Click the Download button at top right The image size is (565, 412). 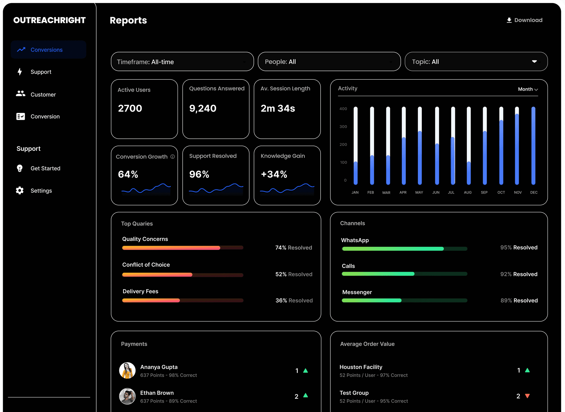(524, 20)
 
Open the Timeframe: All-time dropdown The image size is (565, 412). (182, 61)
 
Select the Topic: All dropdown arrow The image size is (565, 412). (534, 61)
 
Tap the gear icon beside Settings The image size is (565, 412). (20, 191)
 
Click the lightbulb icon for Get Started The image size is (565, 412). (20, 168)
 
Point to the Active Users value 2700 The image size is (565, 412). (130, 108)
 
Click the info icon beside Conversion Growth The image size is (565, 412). (173, 157)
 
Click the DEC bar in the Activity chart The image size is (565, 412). (534, 146)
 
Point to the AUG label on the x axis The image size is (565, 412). (468, 192)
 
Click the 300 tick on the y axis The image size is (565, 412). (343, 127)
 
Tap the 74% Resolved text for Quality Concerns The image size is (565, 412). (294, 248)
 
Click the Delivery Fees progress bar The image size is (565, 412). (183, 300)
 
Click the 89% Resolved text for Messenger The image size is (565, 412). (519, 300)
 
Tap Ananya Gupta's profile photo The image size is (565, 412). (127, 370)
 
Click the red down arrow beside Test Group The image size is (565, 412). (527, 396)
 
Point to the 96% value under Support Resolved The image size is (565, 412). (199, 174)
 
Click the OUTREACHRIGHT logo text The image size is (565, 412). (50, 20)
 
